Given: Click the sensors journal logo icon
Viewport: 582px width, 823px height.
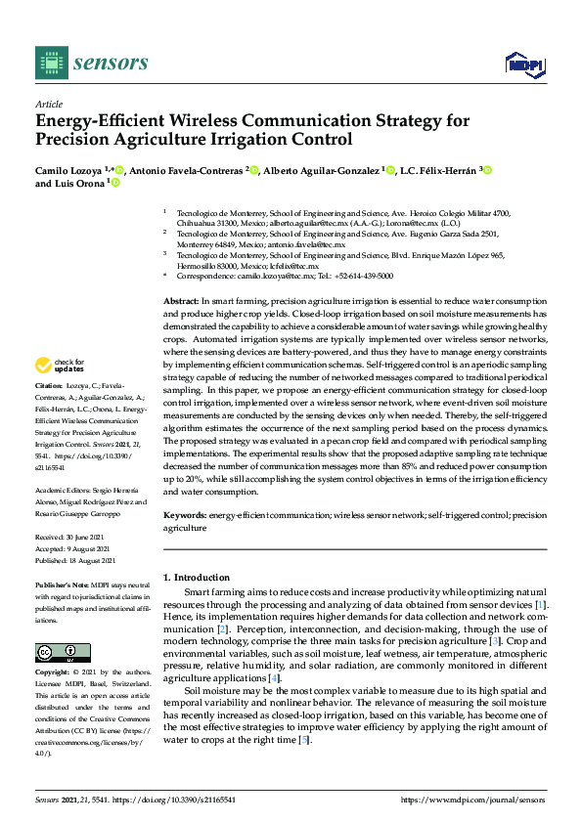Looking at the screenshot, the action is point(48,64).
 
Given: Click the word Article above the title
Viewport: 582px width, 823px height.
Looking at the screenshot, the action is point(49,105).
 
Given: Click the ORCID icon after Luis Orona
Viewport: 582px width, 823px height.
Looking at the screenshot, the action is point(115,184).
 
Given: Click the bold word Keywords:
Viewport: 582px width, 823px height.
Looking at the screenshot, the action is point(184,514).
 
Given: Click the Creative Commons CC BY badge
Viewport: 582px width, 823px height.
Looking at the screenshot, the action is point(50,653).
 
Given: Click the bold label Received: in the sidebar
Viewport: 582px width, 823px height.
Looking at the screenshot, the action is point(52,538).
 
